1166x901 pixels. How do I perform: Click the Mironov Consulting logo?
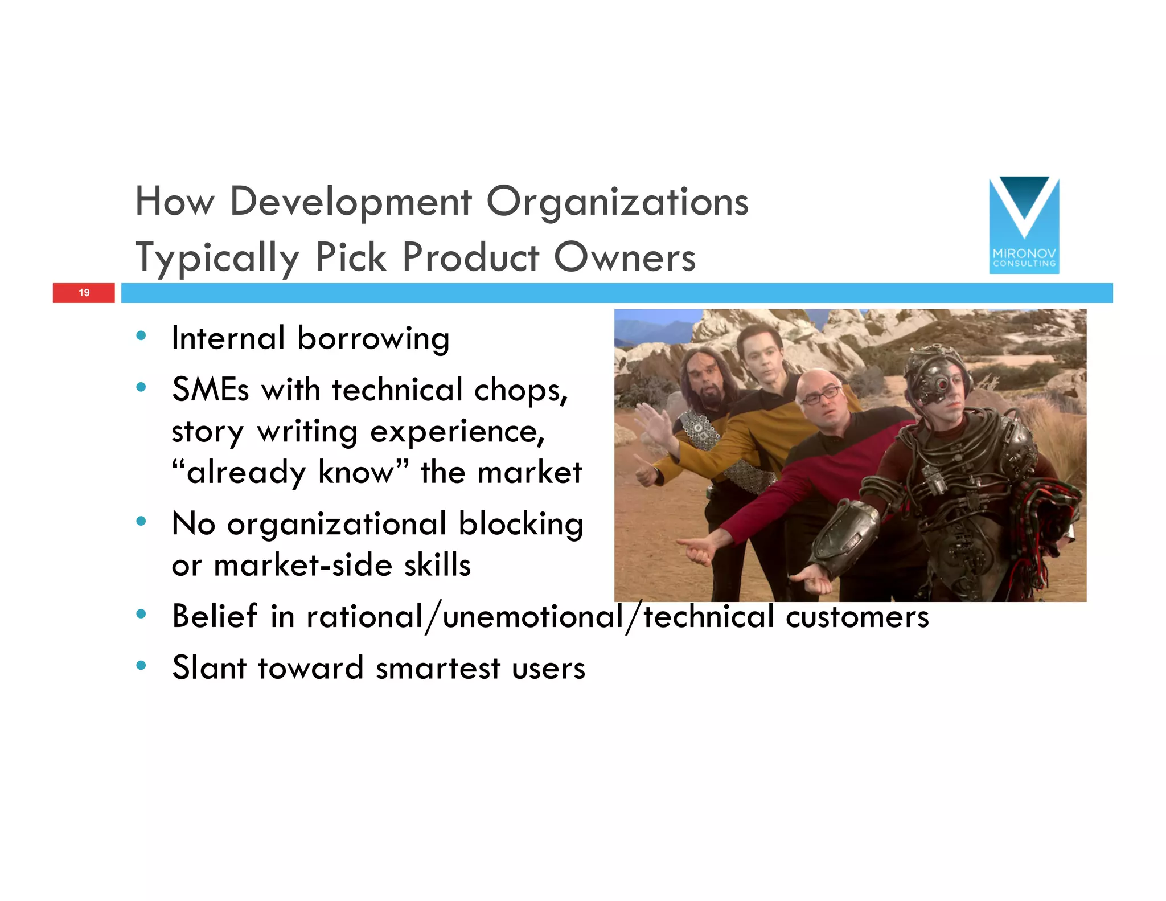click(1024, 225)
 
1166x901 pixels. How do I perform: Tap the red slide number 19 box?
click(84, 293)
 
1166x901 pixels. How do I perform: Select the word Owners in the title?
click(625, 257)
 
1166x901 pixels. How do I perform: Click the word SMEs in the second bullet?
click(210, 390)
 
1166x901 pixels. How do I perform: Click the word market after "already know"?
click(529, 473)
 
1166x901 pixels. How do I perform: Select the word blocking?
click(521, 524)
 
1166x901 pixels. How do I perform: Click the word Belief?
click(215, 616)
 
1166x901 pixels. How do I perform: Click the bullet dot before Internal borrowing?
click(141, 335)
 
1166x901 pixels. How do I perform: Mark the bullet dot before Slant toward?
click(141, 665)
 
